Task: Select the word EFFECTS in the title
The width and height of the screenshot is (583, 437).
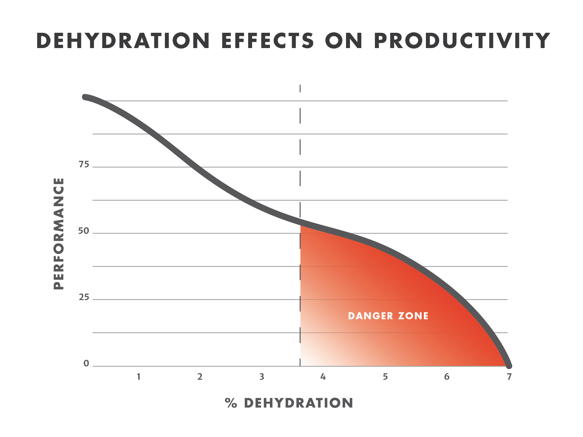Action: (x=268, y=41)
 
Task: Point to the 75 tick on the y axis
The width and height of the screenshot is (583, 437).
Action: (x=84, y=164)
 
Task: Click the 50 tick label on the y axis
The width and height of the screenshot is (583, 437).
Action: (x=84, y=231)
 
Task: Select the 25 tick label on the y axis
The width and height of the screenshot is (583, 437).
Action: (x=84, y=298)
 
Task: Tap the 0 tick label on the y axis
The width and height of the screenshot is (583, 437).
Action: (x=86, y=364)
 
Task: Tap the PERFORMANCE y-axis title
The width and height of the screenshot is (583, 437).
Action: (x=59, y=234)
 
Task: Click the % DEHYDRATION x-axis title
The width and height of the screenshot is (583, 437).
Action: (x=289, y=403)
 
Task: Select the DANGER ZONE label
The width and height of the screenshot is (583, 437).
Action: (x=388, y=316)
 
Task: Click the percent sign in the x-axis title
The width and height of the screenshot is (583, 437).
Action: (x=231, y=403)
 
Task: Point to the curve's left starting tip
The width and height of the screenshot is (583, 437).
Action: (x=84, y=97)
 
